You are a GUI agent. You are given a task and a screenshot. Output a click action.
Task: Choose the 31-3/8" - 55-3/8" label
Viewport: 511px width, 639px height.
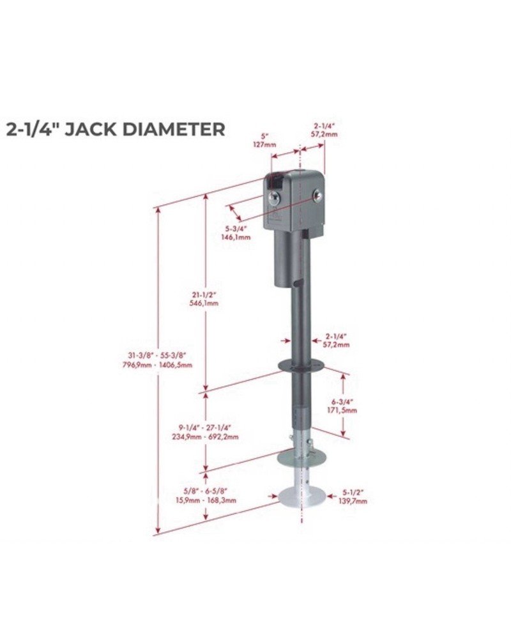(158, 355)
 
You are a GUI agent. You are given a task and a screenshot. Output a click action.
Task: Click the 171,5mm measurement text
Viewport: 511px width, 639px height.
(342, 410)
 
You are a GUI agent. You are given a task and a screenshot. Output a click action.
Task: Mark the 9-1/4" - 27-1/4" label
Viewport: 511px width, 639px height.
(204, 427)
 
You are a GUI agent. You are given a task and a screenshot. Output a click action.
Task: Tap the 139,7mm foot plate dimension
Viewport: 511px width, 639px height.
(353, 502)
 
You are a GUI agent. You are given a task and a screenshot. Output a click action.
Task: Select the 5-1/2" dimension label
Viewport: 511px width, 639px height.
(353, 493)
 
